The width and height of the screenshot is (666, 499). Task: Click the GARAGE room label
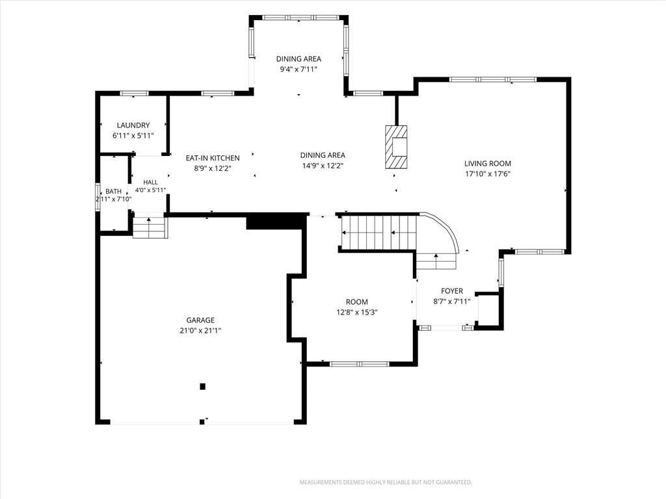point(200,320)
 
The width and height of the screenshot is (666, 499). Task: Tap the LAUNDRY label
point(133,125)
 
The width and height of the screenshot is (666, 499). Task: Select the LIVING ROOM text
point(488,163)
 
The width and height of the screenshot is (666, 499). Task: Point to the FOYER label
point(452,291)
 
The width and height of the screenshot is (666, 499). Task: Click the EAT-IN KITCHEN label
point(213,158)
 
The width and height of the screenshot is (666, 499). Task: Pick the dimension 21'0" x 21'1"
point(200,331)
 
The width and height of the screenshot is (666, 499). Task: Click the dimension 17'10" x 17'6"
point(488,173)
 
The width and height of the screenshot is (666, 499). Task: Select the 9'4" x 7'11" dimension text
point(299,69)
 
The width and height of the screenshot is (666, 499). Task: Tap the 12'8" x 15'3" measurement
point(357,313)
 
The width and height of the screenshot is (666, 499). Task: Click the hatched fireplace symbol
point(396,147)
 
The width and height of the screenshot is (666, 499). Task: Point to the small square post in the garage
point(203,387)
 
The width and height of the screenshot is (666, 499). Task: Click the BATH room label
point(113,192)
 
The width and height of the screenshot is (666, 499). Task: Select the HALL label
point(150,182)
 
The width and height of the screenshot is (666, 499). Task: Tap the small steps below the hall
point(149,228)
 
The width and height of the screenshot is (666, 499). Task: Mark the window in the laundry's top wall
point(134,94)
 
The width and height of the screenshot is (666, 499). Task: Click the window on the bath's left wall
point(98,196)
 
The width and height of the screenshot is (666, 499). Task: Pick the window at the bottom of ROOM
point(359,364)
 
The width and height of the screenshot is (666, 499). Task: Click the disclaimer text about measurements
point(386,483)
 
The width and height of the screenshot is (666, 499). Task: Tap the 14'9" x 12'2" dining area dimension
point(323,166)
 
